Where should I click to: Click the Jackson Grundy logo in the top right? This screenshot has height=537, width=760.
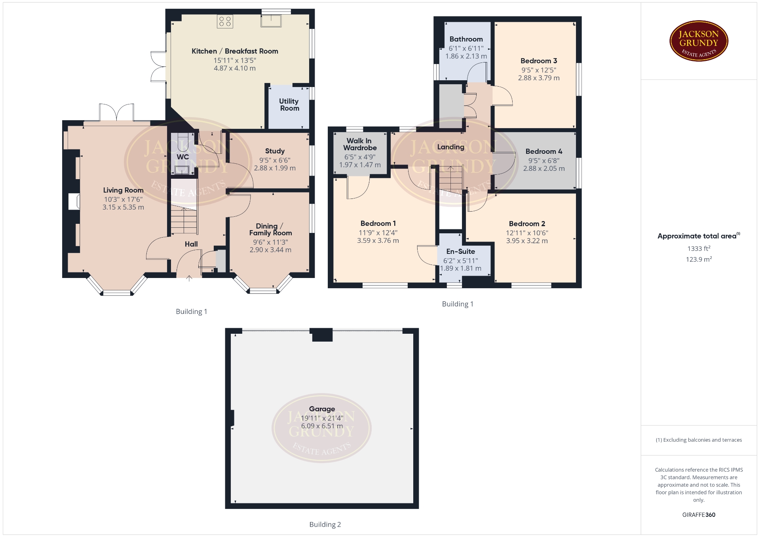(699, 41)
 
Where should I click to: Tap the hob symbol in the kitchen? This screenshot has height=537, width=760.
(225, 21)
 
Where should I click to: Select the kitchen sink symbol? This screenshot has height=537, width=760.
(271, 21)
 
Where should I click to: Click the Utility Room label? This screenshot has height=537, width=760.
(289, 105)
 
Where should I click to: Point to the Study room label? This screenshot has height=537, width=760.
(275, 151)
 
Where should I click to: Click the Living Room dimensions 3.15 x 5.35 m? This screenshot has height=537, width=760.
(123, 207)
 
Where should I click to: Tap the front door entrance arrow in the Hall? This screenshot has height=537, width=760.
(189, 278)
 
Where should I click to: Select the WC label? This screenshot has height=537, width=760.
(182, 157)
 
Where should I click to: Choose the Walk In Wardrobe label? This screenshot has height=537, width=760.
(360, 144)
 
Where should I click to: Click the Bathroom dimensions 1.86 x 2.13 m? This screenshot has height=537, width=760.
(466, 56)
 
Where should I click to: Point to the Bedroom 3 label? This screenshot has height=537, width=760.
(539, 61)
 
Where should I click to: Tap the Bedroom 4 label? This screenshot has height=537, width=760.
(544, 151)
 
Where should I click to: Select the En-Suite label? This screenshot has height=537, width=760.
(461, 251)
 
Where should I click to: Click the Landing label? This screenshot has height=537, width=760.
(451, 147)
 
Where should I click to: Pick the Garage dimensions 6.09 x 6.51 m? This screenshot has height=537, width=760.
(322, 426)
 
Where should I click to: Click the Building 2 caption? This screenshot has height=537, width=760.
(325, 524)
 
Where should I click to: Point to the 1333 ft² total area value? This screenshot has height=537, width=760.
(699, 248)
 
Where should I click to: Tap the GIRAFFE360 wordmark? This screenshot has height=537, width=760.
(699, 515)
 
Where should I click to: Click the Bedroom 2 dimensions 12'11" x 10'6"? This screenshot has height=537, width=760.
(527, 233)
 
